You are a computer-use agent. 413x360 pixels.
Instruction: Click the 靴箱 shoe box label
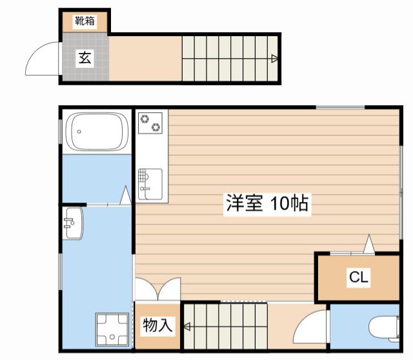[85, 21]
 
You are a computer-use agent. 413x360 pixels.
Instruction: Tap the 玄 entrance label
[85, 58]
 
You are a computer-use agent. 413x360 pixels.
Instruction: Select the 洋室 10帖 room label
[267, 203]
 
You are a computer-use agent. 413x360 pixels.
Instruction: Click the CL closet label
[359, 277]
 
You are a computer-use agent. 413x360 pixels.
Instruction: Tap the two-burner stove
[151, 123]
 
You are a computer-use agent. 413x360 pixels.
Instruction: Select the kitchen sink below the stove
[151, 183]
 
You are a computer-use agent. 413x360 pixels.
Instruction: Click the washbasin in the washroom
[73, 223]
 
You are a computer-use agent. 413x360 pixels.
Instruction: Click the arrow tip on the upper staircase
[276, 59]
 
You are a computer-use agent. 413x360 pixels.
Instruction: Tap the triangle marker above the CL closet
[368, 245]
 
